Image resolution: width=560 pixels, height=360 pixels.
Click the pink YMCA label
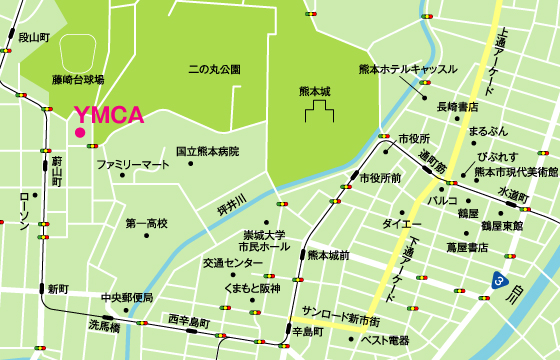(110, 115)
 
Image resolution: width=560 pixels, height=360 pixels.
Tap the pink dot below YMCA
(79, 131)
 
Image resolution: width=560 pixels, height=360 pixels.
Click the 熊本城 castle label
(314, 91)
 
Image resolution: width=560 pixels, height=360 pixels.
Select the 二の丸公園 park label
(214, 70)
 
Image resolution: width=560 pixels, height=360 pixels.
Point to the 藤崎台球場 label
(78, 78)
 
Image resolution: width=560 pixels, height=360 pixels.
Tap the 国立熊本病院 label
(207, 152)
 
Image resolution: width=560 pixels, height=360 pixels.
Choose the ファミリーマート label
(133, 163)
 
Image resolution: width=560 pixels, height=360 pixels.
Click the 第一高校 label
(146, 223)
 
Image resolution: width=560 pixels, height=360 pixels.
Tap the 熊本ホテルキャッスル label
(407, 69)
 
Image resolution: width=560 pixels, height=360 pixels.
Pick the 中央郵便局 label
(127, 298)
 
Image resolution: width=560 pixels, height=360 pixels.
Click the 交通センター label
(233, 263)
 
